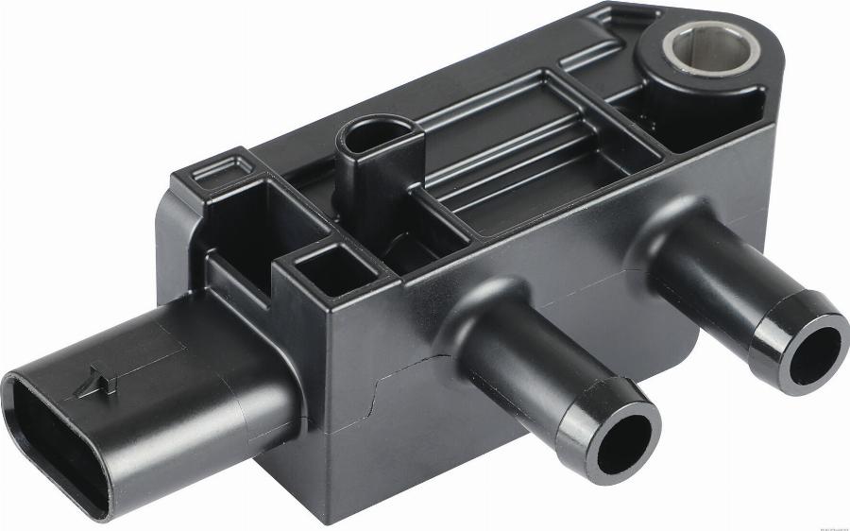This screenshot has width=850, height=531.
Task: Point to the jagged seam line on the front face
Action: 378,397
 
